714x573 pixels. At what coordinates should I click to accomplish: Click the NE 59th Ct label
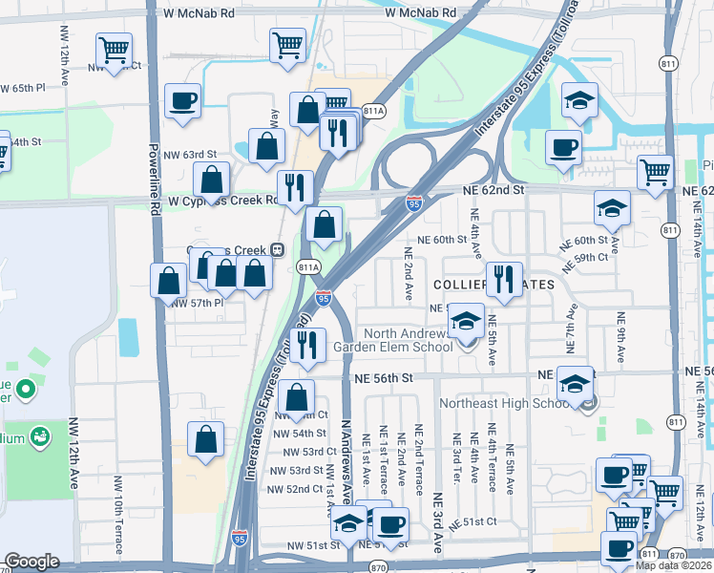[x=588, y=258]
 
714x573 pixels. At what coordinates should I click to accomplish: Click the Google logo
[x=31, y=562]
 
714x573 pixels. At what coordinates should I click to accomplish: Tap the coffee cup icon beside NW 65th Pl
[x=181, y=100]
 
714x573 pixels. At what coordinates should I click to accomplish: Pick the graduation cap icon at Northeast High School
[x=575, y=383]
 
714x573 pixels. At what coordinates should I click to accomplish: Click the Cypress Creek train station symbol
[x=277, y=249]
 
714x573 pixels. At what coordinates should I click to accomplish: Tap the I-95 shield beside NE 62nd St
[x=413, y=203]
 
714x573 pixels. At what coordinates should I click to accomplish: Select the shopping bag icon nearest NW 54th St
[x=297, y=397]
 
